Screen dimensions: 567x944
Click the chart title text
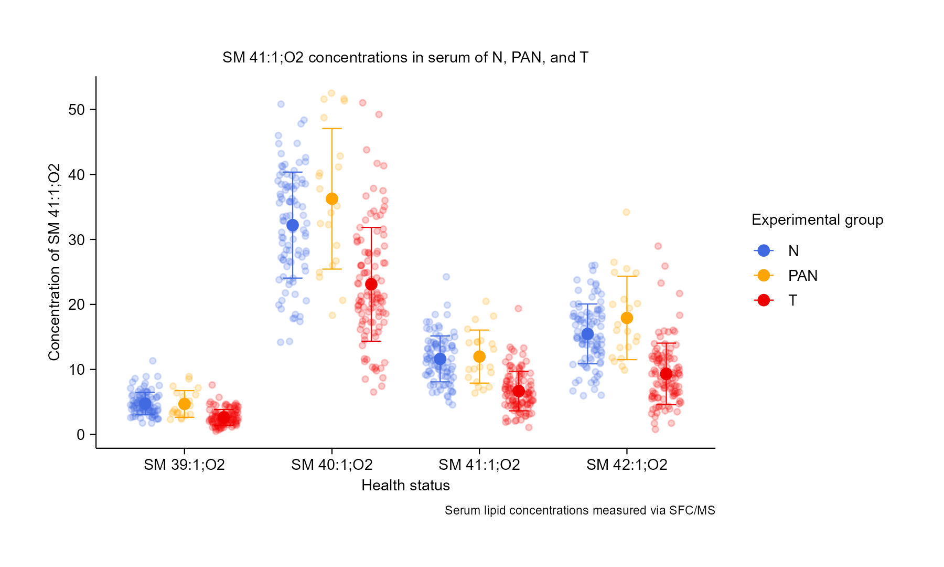click(405, 57)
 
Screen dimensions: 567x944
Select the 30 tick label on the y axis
click(76, 240)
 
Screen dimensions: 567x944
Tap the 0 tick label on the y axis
click(80, 435)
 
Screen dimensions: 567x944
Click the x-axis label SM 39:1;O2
click(184, 465)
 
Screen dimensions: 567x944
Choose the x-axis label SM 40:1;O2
click(332, 465)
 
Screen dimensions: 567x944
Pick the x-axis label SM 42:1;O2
click(627, 465)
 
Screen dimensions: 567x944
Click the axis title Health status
click(405, 485)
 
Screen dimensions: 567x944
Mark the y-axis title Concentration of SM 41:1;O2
click(54, 262)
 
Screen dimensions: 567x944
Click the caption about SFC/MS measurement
click(580, 510)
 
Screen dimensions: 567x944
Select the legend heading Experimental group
click(817, 220)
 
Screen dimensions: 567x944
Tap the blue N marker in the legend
click(764, 250)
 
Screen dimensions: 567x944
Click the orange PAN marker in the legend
click(764, 275)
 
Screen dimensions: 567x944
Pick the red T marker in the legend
click(764, 300)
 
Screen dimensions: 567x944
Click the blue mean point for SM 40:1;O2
click(293, 225)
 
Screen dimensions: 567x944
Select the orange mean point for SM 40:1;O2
click(332, 199)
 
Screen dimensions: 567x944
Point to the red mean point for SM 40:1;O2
click(371, 284)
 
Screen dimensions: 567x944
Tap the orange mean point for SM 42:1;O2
click(627, 318)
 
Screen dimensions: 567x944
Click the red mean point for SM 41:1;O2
click(519, 391)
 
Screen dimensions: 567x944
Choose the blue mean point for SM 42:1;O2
click(587, 334)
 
